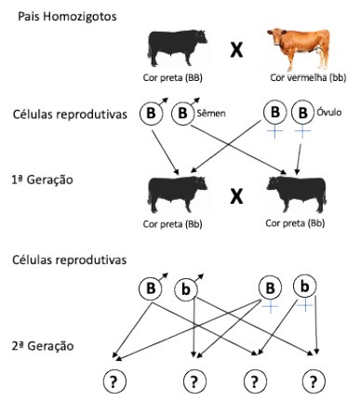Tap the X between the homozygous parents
pyautogui.click(x=236, y=49)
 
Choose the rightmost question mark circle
pyautogui.click(x=316, y=381)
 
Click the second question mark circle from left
pyautogui.click(x=193, y=381)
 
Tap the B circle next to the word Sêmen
pyautogui.click(x=183, y=114)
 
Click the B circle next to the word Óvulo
pyautogui.click(x=300, y=114)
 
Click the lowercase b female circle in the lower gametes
pyautogui.click(x=304, y=285)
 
